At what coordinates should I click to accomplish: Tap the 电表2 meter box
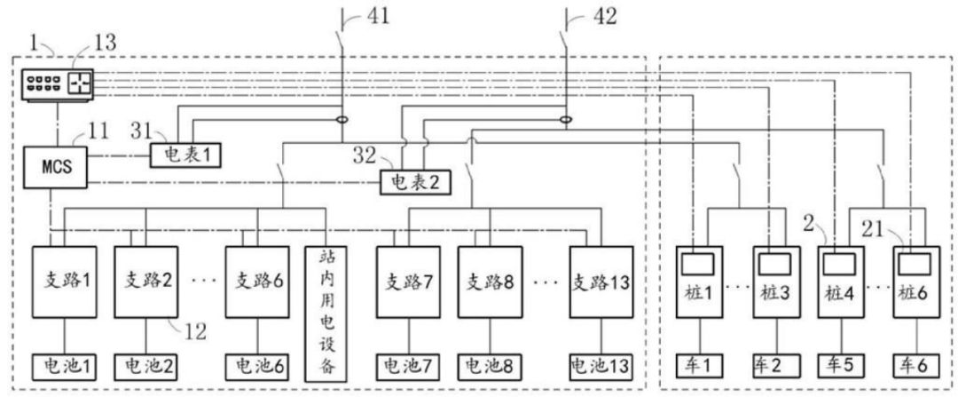(x=414, y=182)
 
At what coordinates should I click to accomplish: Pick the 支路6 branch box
(x=258, y=282)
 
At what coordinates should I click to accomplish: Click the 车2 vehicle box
(x=772, y=366)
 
